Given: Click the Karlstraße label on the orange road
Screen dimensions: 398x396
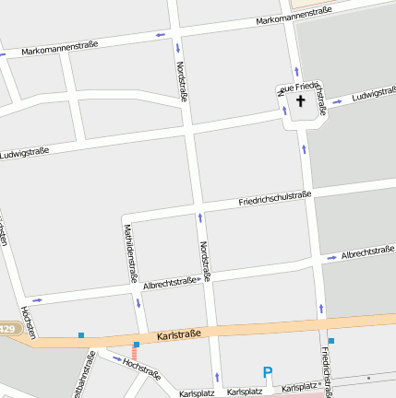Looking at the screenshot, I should tap(177, 336).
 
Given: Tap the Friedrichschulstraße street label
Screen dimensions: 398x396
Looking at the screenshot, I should tap(274, 198).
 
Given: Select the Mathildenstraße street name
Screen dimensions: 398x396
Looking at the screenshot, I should tap(130, 252).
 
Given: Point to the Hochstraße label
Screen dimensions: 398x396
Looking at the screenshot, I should tap(141, 369).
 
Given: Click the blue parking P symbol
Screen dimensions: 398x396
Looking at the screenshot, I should tap(268, 373).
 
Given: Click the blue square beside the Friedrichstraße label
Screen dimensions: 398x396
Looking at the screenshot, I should tap(330, 341).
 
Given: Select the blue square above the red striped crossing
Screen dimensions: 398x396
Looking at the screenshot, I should tap(137, 345).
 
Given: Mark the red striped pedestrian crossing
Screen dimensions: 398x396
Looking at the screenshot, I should tap(134, 355).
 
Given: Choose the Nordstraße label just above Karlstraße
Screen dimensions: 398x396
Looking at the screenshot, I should tap(205, 261).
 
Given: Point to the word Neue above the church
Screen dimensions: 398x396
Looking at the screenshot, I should tap(289, 88).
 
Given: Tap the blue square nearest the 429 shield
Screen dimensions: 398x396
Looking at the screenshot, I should tap(81, 335).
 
